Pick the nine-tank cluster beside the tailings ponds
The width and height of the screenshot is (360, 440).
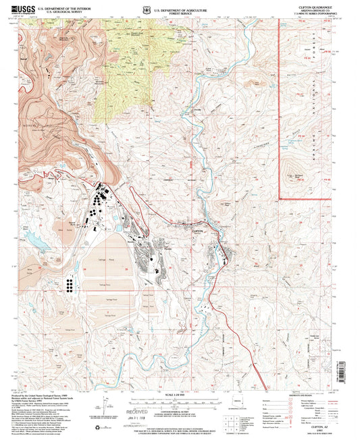70,285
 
